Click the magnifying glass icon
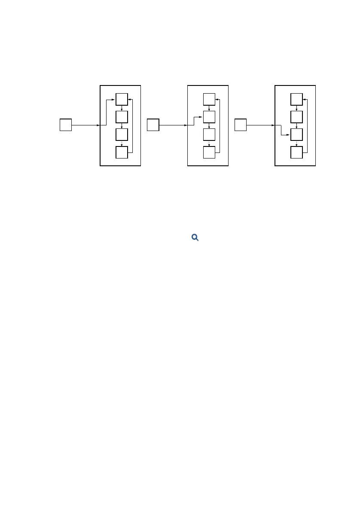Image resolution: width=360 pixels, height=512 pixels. click(195, 237)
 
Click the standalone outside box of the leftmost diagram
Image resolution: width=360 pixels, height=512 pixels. click(65, 125)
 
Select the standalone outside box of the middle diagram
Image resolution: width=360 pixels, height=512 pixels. click(153, 125)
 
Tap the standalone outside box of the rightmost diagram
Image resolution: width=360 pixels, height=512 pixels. click(241, 125)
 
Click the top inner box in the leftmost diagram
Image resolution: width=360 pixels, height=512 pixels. click(122, 99)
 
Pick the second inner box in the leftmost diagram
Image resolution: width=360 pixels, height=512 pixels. click(122, 117)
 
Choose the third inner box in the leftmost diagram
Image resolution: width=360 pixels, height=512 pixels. click(122, 134)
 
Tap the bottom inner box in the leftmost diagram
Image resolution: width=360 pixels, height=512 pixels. click(122, 152)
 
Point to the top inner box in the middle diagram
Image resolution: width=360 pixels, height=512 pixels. click(209, 99)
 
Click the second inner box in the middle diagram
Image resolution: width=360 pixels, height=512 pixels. click(209, 117)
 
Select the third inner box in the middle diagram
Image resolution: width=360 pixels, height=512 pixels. click(209, 134)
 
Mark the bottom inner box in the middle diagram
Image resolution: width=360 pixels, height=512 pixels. click(209, 152)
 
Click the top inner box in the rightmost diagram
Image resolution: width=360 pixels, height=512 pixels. click(296, 99)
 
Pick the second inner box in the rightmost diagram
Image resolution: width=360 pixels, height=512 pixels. click(296, 117)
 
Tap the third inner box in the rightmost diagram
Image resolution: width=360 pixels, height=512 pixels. click(296, 134)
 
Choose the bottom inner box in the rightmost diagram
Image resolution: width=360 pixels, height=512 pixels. click(296, 152)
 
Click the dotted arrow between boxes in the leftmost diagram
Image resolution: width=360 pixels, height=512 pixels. click(122, 143)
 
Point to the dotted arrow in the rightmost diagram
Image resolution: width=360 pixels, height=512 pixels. click(297, 143)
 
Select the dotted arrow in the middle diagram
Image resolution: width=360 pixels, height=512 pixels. click(209, 143)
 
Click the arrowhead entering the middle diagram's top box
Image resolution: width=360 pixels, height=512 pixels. click(217, 99)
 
